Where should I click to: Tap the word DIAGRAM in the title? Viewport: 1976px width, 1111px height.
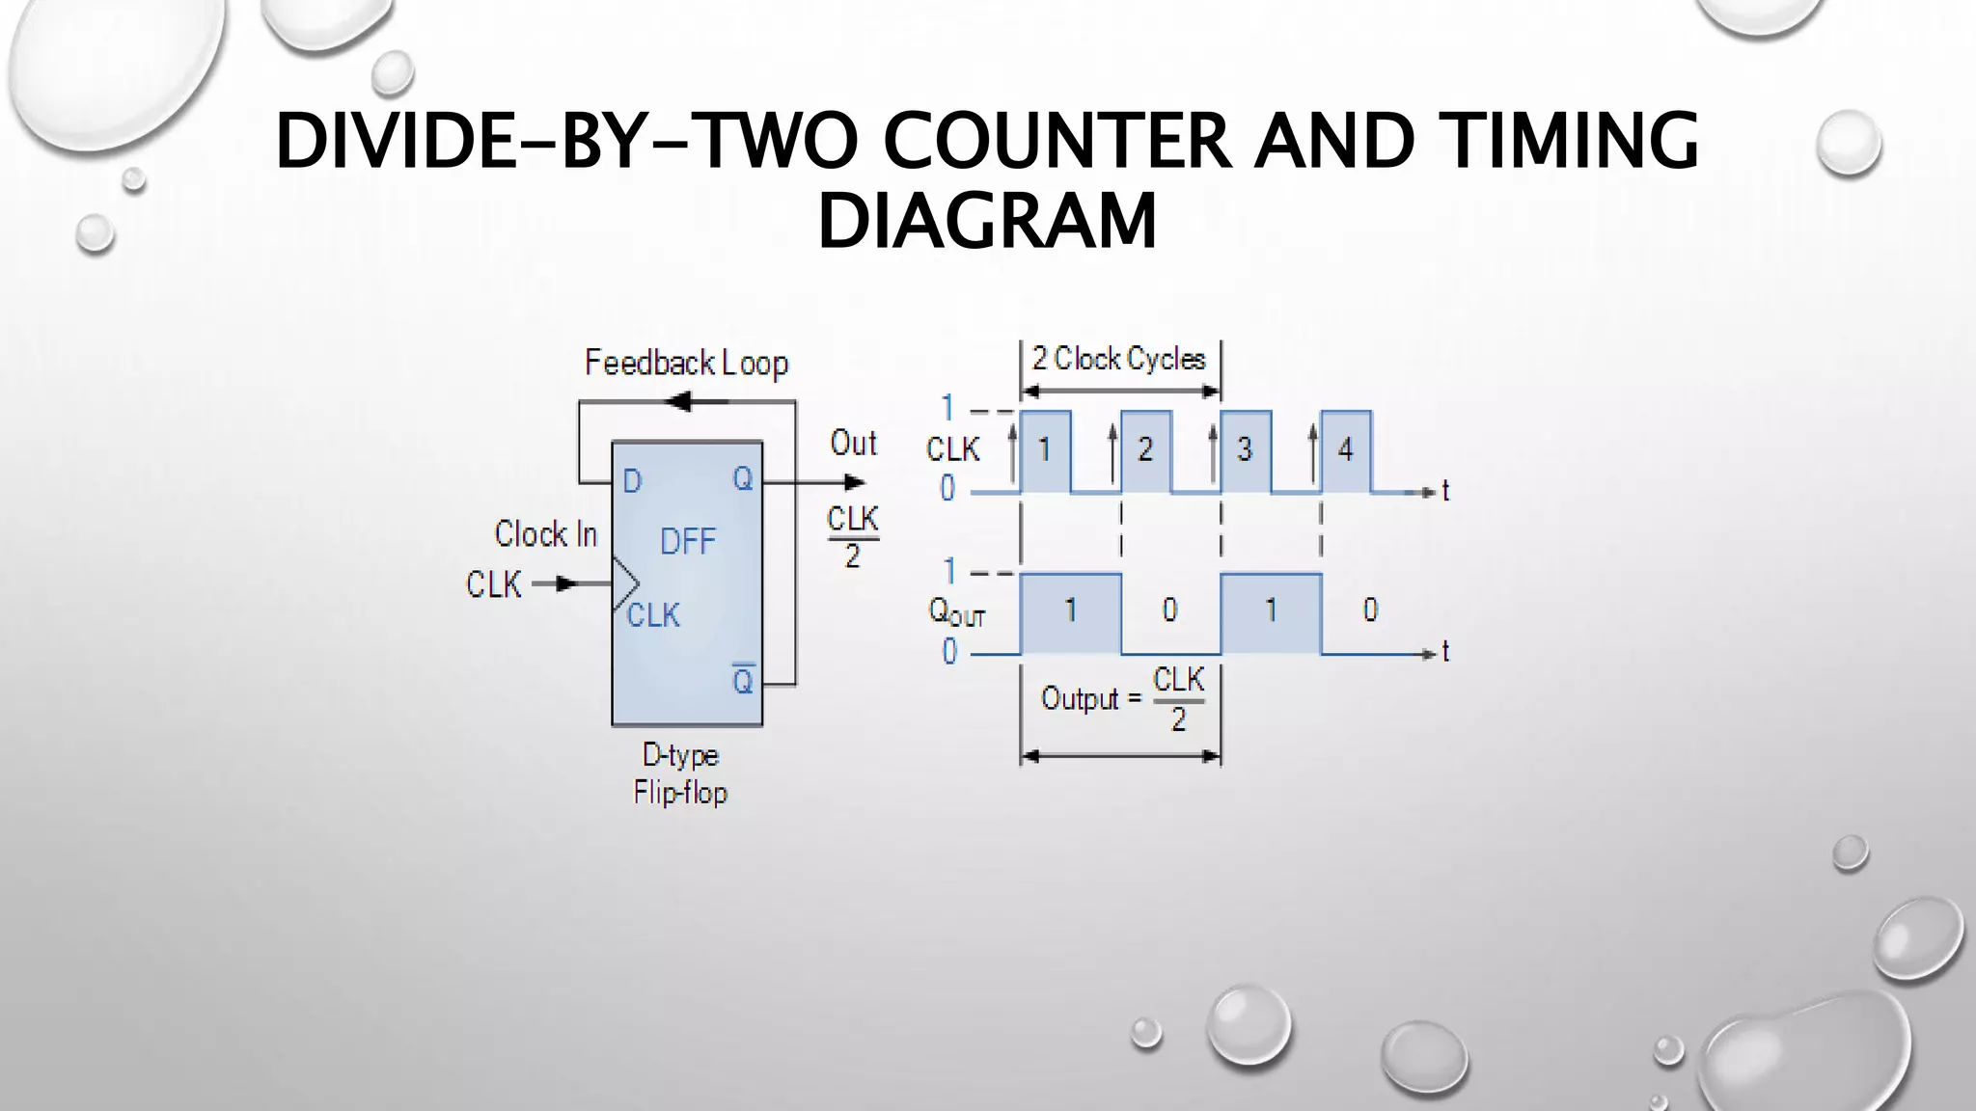(987, 221)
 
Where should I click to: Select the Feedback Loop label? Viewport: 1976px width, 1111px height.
(686, 364)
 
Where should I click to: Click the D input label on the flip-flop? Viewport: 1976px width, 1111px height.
(632, 481)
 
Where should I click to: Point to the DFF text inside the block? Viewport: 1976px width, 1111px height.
(688, 542)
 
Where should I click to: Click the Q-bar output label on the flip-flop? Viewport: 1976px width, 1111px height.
(742, 681)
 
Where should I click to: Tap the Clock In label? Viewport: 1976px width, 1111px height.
(546, 534)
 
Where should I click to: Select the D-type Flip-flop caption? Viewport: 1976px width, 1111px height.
(680, 773)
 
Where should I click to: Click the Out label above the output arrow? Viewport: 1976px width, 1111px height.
(853, 444)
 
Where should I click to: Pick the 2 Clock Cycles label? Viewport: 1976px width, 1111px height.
(1119, 360)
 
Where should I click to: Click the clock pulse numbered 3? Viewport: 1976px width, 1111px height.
(1245, 450)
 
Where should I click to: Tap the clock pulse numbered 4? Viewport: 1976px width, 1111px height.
(1345, 450)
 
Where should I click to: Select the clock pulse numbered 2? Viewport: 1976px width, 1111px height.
(1145, 450)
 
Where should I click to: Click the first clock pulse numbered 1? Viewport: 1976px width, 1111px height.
(1045, 450)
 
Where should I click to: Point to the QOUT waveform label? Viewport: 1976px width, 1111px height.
(956, 611)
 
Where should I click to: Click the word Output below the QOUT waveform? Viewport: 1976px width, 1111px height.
(1079, 698)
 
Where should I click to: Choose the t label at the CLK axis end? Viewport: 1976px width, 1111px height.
(1445, 492)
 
